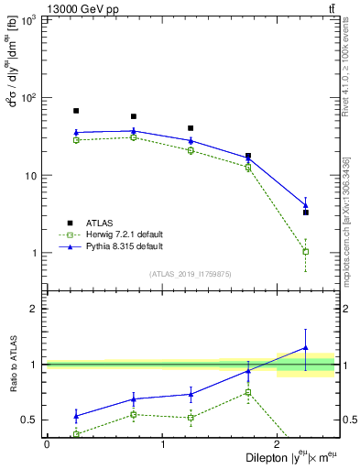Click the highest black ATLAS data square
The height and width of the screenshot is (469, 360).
[x=76, y=111]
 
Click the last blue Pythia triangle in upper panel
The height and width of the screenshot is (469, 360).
[x=306, y=205]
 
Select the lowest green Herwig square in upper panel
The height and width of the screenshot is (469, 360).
[x=306, y=251]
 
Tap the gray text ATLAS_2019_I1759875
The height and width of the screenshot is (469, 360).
[x=190, y=274]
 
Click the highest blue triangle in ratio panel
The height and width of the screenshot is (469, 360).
[x=306, y=348]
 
